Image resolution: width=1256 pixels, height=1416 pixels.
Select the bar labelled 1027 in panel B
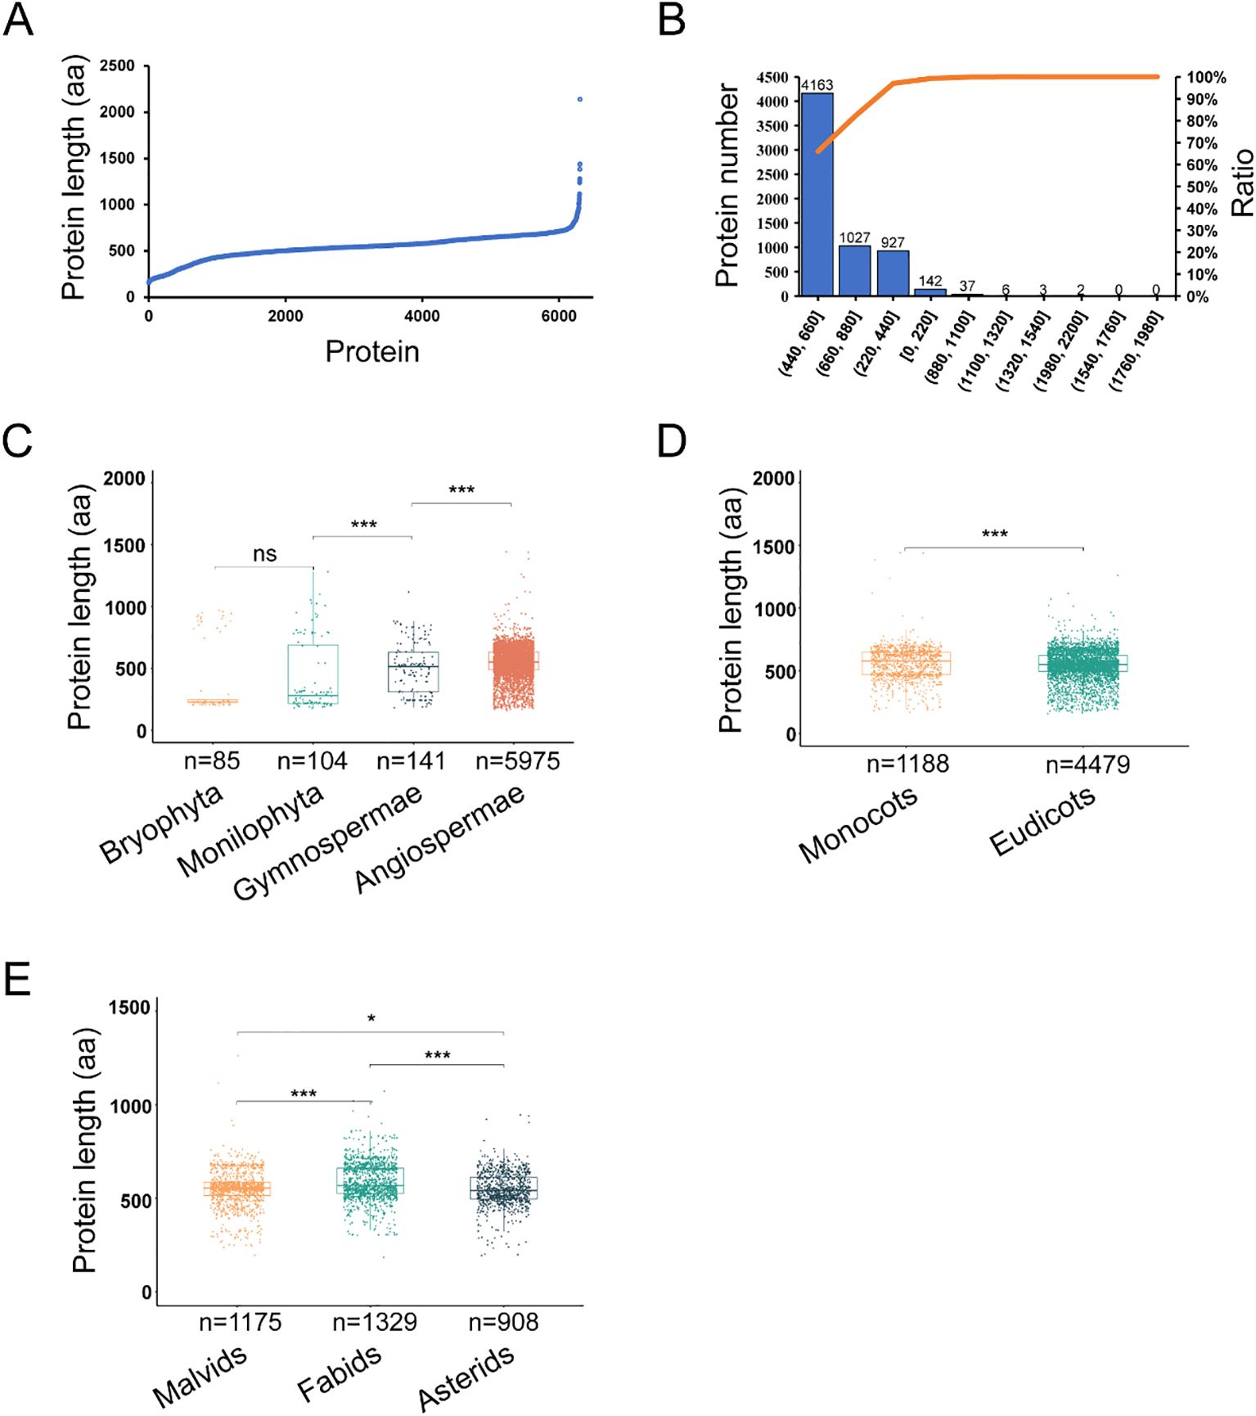(854, 270)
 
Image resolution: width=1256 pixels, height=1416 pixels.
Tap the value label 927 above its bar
(893, 242)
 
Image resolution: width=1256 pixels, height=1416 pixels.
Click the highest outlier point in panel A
(580, 99)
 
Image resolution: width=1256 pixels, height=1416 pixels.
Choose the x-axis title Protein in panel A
(372, 351)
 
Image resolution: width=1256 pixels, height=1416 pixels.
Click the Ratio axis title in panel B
(1242, 183)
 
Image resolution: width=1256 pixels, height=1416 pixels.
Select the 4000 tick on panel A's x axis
(422, 316)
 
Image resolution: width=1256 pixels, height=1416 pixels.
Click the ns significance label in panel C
(264, 554)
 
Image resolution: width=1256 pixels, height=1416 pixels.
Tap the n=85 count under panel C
(212, 761)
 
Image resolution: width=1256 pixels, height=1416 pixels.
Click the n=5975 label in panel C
(517, 761)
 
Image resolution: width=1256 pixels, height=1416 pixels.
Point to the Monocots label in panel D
(858, 825)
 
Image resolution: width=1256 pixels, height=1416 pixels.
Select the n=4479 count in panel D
(1087, 764)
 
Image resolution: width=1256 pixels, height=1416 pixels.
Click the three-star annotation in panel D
(994, 534)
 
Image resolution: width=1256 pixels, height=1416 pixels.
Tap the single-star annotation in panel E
(371, 1019)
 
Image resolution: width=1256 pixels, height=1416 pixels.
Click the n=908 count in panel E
(503, 1322)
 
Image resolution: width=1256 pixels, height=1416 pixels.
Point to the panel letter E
(17, 979)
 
